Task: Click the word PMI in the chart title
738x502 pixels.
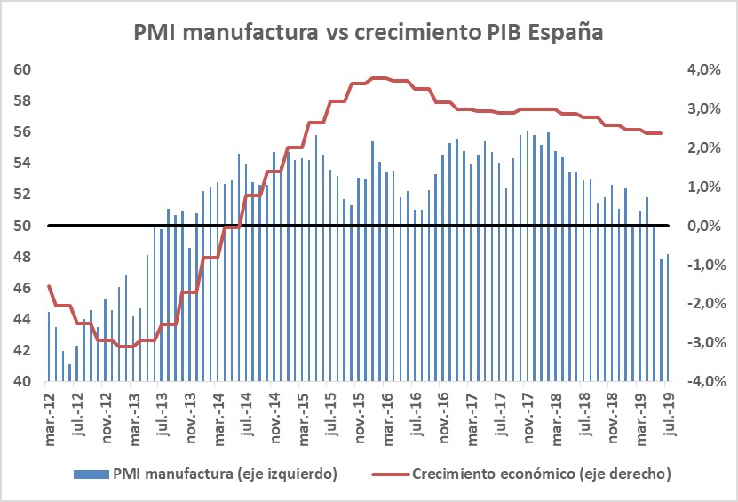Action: [x=159, y=34]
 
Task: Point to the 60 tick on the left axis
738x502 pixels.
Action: [x=24, y=69]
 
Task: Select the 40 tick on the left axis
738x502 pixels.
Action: [x=24, y=382]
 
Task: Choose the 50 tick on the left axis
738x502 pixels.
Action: [x=24, y=226]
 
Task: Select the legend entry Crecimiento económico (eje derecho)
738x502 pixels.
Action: [x=541, y=474]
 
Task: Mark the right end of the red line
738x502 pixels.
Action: [x=661, y=133]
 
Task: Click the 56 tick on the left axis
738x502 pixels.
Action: [x=24, y=131]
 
